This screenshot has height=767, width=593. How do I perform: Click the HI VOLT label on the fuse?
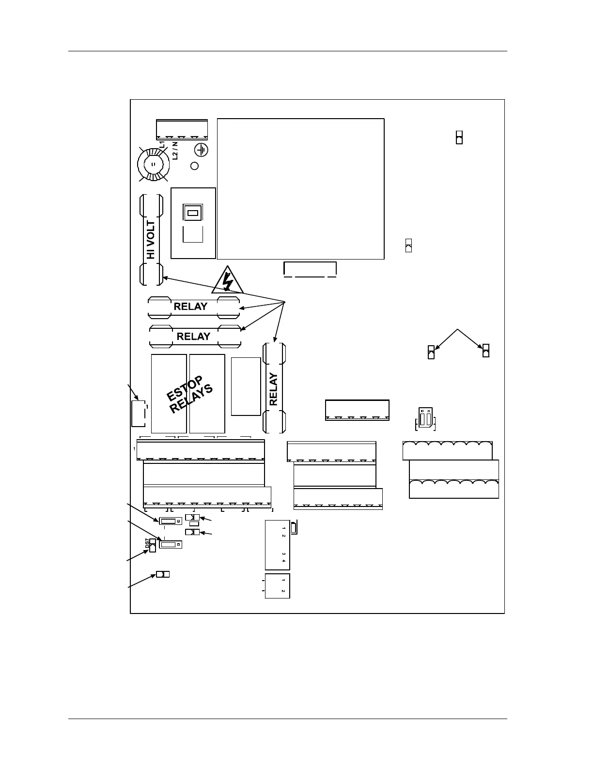click(x=151, y=240)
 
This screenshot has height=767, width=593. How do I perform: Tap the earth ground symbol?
click(x=201, y=150)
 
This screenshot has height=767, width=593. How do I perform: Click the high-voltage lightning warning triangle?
click(x=227, y=280)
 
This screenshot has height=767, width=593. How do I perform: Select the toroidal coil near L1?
click(x=154, y=164)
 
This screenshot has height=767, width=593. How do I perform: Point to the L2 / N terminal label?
click(x=175, y=150)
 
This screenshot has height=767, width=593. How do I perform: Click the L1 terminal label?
click(x=162, y=145)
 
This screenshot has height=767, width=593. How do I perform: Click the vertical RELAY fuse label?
click(x=274, y=389)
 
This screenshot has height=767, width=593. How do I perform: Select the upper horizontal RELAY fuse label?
click(x=190, y=307)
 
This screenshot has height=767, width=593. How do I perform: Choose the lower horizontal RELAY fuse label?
click(x=193, y=337)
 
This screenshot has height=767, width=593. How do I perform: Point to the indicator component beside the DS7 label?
click(x=153, y=545)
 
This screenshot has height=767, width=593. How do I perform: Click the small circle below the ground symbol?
click(x=195, y=166)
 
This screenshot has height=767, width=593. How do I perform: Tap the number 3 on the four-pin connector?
click(x=283, y=554)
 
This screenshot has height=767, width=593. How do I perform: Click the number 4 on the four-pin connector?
click(x=283, y=561)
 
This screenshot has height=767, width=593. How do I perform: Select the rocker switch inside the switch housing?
click(x=192, y=213)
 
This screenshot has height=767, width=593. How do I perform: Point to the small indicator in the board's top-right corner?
click(x=459, y=137)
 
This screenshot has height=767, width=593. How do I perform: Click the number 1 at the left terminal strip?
click(x=134, y=449)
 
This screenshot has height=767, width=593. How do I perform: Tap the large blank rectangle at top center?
click(x=300, y=188)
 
